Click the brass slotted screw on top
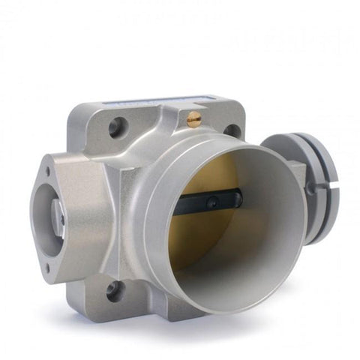(x=194, y=118)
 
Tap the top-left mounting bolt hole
(x=115, y=127)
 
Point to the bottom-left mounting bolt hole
(x=115, y=290)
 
